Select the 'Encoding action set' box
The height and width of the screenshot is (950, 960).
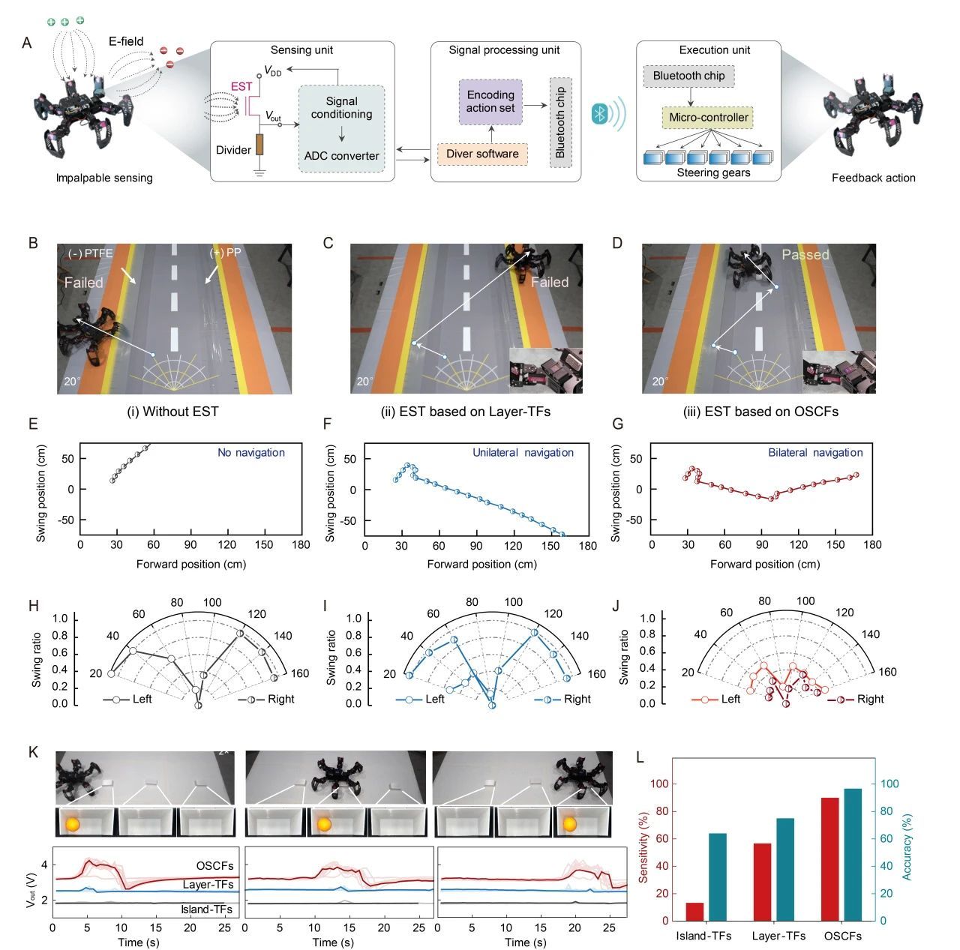pos(490,101)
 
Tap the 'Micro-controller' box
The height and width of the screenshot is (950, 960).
pos(708,118)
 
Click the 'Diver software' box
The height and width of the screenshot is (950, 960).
pos(482,154)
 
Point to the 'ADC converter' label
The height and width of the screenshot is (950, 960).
pos(341,156)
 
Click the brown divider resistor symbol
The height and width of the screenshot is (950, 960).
pos(259,145)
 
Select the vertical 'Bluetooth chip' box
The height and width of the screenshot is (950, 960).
pos(560,122)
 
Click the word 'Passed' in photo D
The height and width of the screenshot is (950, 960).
pos(805,255)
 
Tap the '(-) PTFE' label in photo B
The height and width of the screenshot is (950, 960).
pos(90,254)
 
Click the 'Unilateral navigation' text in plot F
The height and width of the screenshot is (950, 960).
pos(523,453)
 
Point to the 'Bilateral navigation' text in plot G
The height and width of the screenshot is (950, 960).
pos(815,453)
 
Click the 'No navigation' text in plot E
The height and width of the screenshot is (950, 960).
pos(251,453)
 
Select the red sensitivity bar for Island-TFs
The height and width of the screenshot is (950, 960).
pos(694,911)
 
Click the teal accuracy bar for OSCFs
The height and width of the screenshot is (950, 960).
pos(853,854)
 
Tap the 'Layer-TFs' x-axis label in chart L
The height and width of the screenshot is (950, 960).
pos(778,936)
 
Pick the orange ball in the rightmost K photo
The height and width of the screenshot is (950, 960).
pos(570,824)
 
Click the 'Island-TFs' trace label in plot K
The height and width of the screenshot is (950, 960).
pos(206,910)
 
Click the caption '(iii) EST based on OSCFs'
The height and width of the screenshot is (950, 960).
pos(760,412)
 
